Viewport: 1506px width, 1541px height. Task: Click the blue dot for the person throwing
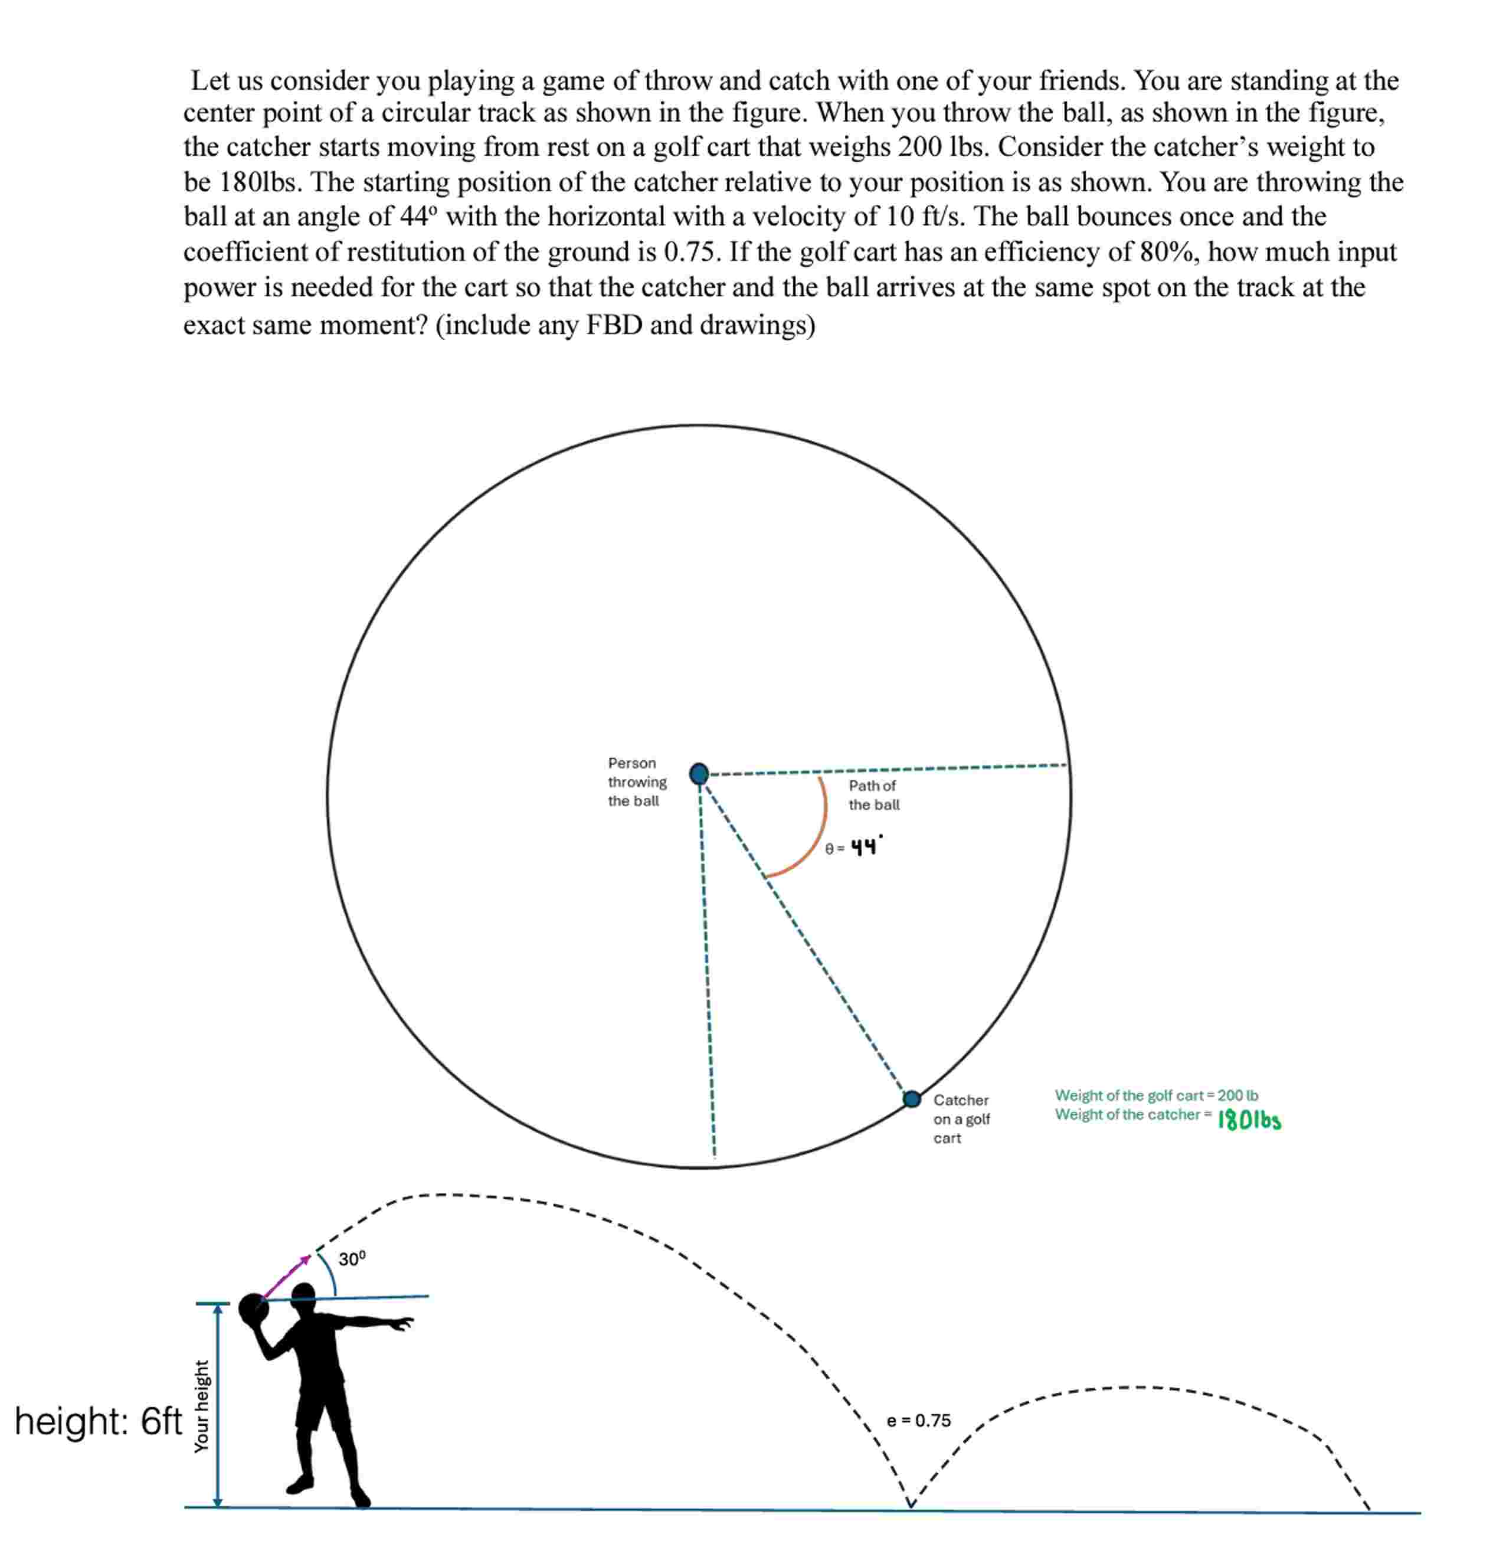point(699,774)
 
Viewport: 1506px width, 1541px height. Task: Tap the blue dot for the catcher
point(912,1099)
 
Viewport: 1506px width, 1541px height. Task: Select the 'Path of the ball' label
point(873,795)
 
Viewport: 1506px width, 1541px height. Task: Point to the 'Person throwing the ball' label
point(637,781)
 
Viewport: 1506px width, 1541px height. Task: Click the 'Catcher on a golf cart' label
point(961,1118)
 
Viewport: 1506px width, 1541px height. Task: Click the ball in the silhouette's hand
point(253,1309)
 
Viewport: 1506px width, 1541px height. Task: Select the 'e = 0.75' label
point(918,1420)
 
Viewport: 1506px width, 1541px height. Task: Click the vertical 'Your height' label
point(202,1406)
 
